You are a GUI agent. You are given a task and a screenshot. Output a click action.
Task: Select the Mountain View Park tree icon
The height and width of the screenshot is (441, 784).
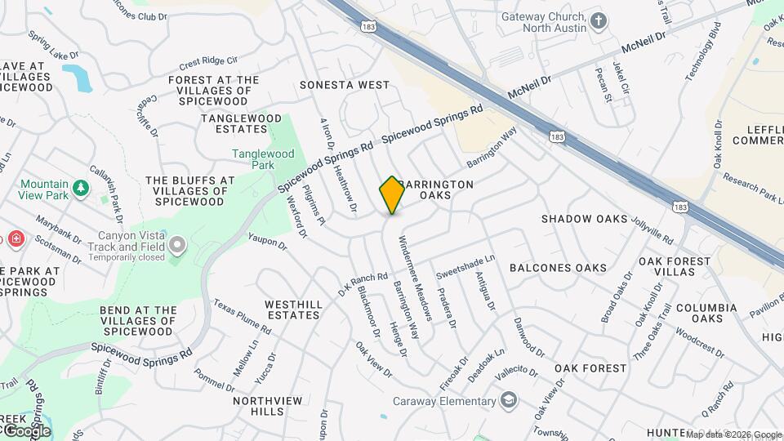[80, 189]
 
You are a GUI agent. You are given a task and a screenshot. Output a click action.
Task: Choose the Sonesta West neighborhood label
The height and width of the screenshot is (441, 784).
[344, 85]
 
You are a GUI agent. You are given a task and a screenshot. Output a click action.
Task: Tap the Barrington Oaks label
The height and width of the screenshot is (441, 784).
[437, 189]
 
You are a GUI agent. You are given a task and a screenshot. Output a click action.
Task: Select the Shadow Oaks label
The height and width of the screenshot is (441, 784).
[584, 219]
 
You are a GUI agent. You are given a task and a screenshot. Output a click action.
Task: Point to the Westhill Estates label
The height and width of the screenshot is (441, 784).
[293, 310]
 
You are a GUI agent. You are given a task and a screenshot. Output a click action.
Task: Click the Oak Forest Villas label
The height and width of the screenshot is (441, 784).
[674, 266]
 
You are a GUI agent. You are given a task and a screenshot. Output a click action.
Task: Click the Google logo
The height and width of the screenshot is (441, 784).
[27, 430]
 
